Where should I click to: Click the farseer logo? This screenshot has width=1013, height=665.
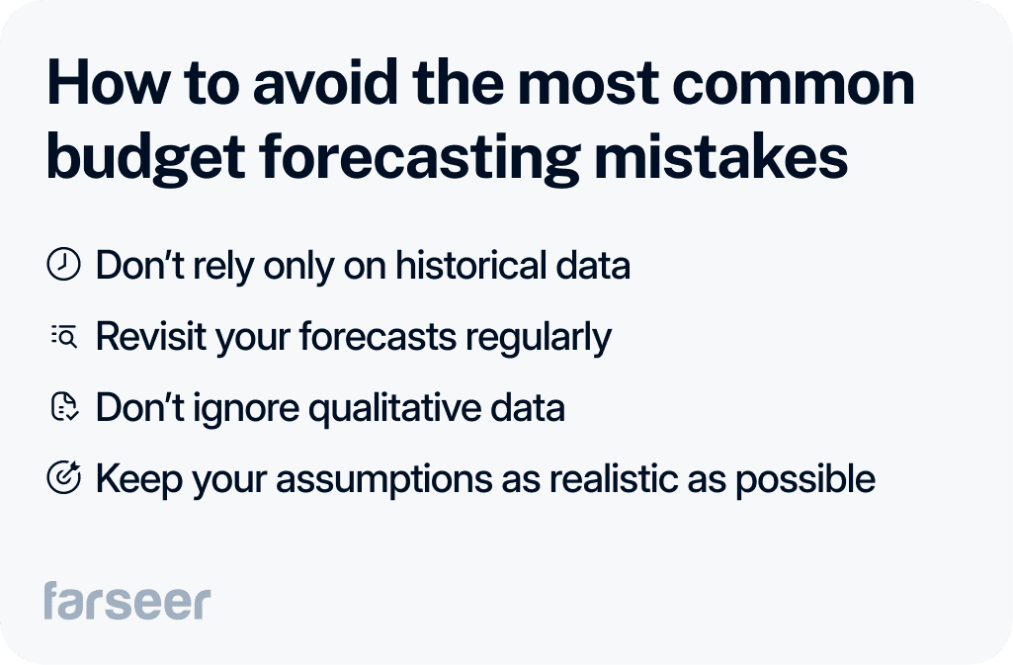point(127,601)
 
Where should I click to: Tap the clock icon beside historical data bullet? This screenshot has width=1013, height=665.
point(64,266)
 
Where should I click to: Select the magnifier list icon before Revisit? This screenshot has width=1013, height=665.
point(64,338)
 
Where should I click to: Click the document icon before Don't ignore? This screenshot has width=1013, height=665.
point(64,408)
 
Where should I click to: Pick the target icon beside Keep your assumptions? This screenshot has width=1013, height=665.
point(64,479)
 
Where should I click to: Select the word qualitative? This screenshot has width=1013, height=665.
point(393,408)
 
